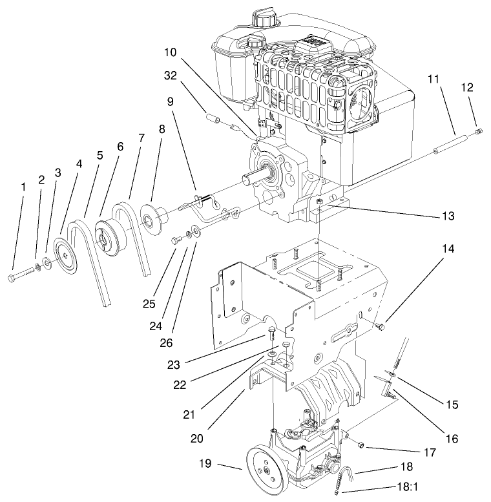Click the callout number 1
(x=23, y=187)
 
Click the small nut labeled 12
(x=479, y=132)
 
